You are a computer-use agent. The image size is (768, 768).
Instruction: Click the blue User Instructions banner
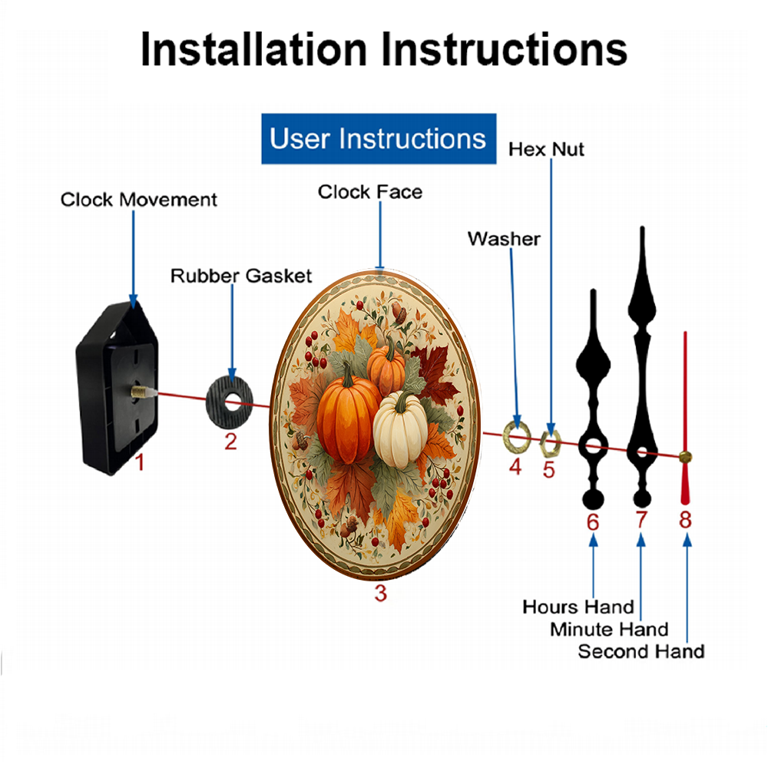pos(379,138)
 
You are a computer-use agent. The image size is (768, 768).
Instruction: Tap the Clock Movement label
pos(138,200)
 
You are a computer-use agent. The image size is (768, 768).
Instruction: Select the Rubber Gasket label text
pos(241,276)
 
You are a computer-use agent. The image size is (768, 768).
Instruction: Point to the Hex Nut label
pos(546,150)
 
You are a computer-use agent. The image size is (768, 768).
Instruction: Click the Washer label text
pos(504,239)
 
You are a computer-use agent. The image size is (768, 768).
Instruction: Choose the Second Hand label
pos(641,652)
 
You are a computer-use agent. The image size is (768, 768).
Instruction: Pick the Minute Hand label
pos(609,630)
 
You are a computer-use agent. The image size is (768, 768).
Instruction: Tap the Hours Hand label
pos(578,607)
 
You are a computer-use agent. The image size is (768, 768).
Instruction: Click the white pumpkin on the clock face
pos(400,430)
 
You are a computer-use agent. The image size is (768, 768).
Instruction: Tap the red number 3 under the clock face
pos(381,593)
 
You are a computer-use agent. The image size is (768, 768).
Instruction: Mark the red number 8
pos(685,519)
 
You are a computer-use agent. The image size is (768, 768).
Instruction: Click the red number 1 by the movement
pos(140,462)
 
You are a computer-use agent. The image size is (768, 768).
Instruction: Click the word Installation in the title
pos(253,49)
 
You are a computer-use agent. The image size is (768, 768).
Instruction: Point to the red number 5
pos(548,470)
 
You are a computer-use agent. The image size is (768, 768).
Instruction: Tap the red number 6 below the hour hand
pos(593,522)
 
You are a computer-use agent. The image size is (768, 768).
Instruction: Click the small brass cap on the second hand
pos(685,457)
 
